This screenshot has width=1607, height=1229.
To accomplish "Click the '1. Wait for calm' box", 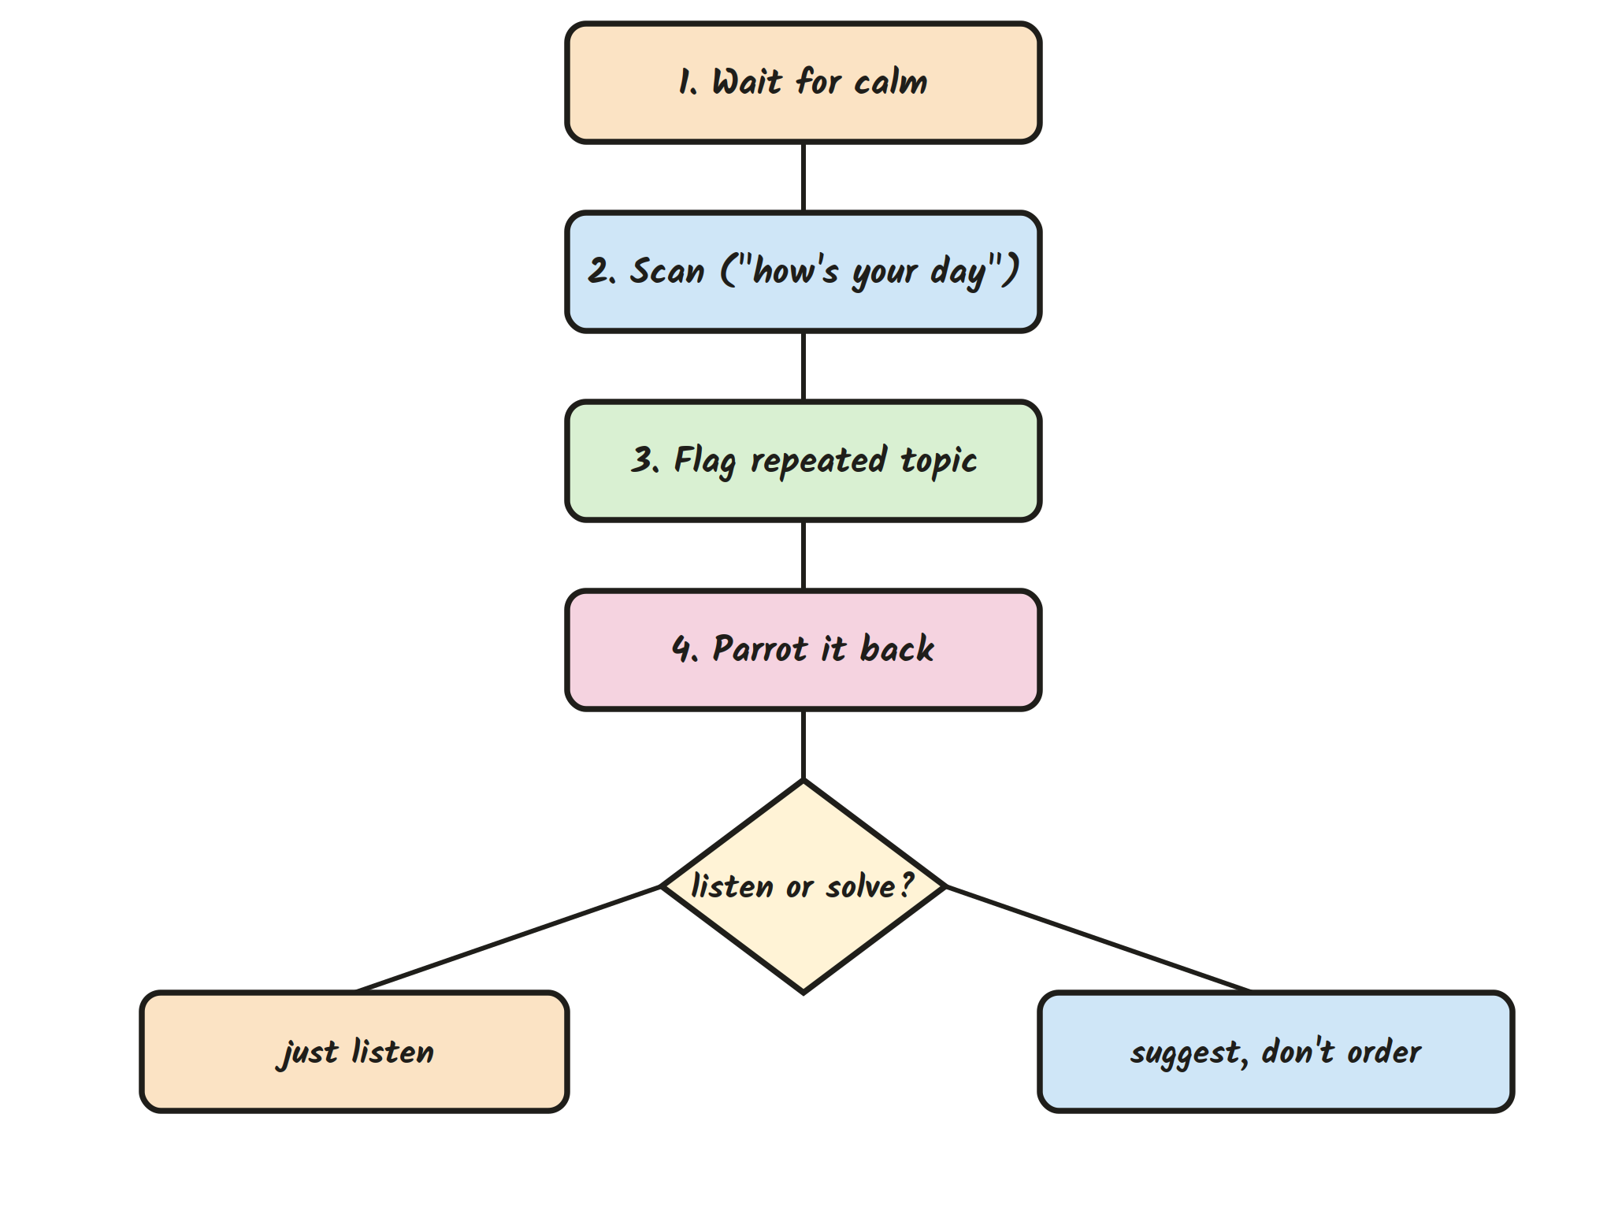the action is pyautogui.click(x=803, y=83).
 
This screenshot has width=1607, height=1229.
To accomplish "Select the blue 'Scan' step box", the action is pyautogui.click(x=803, y=272).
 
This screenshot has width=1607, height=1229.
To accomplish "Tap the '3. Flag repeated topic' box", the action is pyautogui.click(x=803, y=461).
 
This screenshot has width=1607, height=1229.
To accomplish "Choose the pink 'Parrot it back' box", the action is pyautogui.click(x=803, y=650).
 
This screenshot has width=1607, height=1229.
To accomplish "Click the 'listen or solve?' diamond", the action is pyautogui.click(x=803, y=887).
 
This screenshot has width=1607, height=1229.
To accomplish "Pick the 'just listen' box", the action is pyautogui.click(x=354, y=1052).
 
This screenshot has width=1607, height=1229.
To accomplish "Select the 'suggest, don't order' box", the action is pyautogui.click(x=1276, y=1052).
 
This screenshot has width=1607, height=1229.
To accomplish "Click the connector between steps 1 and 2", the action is pyautogui.click(x=803, y=177).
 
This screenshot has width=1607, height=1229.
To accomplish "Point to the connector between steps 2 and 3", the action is pyautogui.click(x=803, y=366).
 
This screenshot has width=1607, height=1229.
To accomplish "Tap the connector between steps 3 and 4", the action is pyautogui.click(x=803, y=555).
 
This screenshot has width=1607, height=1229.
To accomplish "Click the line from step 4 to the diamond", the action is pyautogui.click(x=803, y=745).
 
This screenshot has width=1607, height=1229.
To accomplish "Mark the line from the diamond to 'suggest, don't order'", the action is pyautogui.click(x=1098, y=939).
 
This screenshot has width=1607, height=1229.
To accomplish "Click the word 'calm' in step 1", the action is pyautogui.click(x=891, y=82).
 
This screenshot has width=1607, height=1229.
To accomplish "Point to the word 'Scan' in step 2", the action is pyautogui.click(x=666, y=271).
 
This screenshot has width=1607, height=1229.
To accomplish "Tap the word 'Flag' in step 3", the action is pyautogui.click(x=705, y=462).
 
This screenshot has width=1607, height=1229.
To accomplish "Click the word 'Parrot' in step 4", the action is pyautogui.click(x=760, y=649).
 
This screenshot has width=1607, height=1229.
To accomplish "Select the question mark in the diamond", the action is pyautogui.click(x=907, y=885).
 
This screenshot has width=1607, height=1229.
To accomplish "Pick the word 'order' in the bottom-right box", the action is pyautogui.click(x=1384, y=1052).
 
